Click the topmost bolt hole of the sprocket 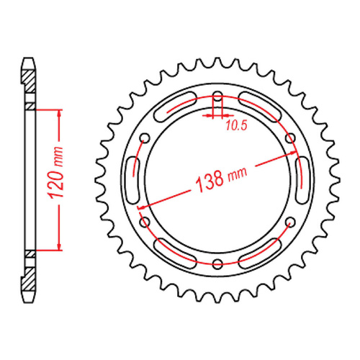(218, 96)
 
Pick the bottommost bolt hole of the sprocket (218, 262)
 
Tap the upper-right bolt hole (290, 138)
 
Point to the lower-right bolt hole (290, 221)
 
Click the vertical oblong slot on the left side (132, 179)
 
